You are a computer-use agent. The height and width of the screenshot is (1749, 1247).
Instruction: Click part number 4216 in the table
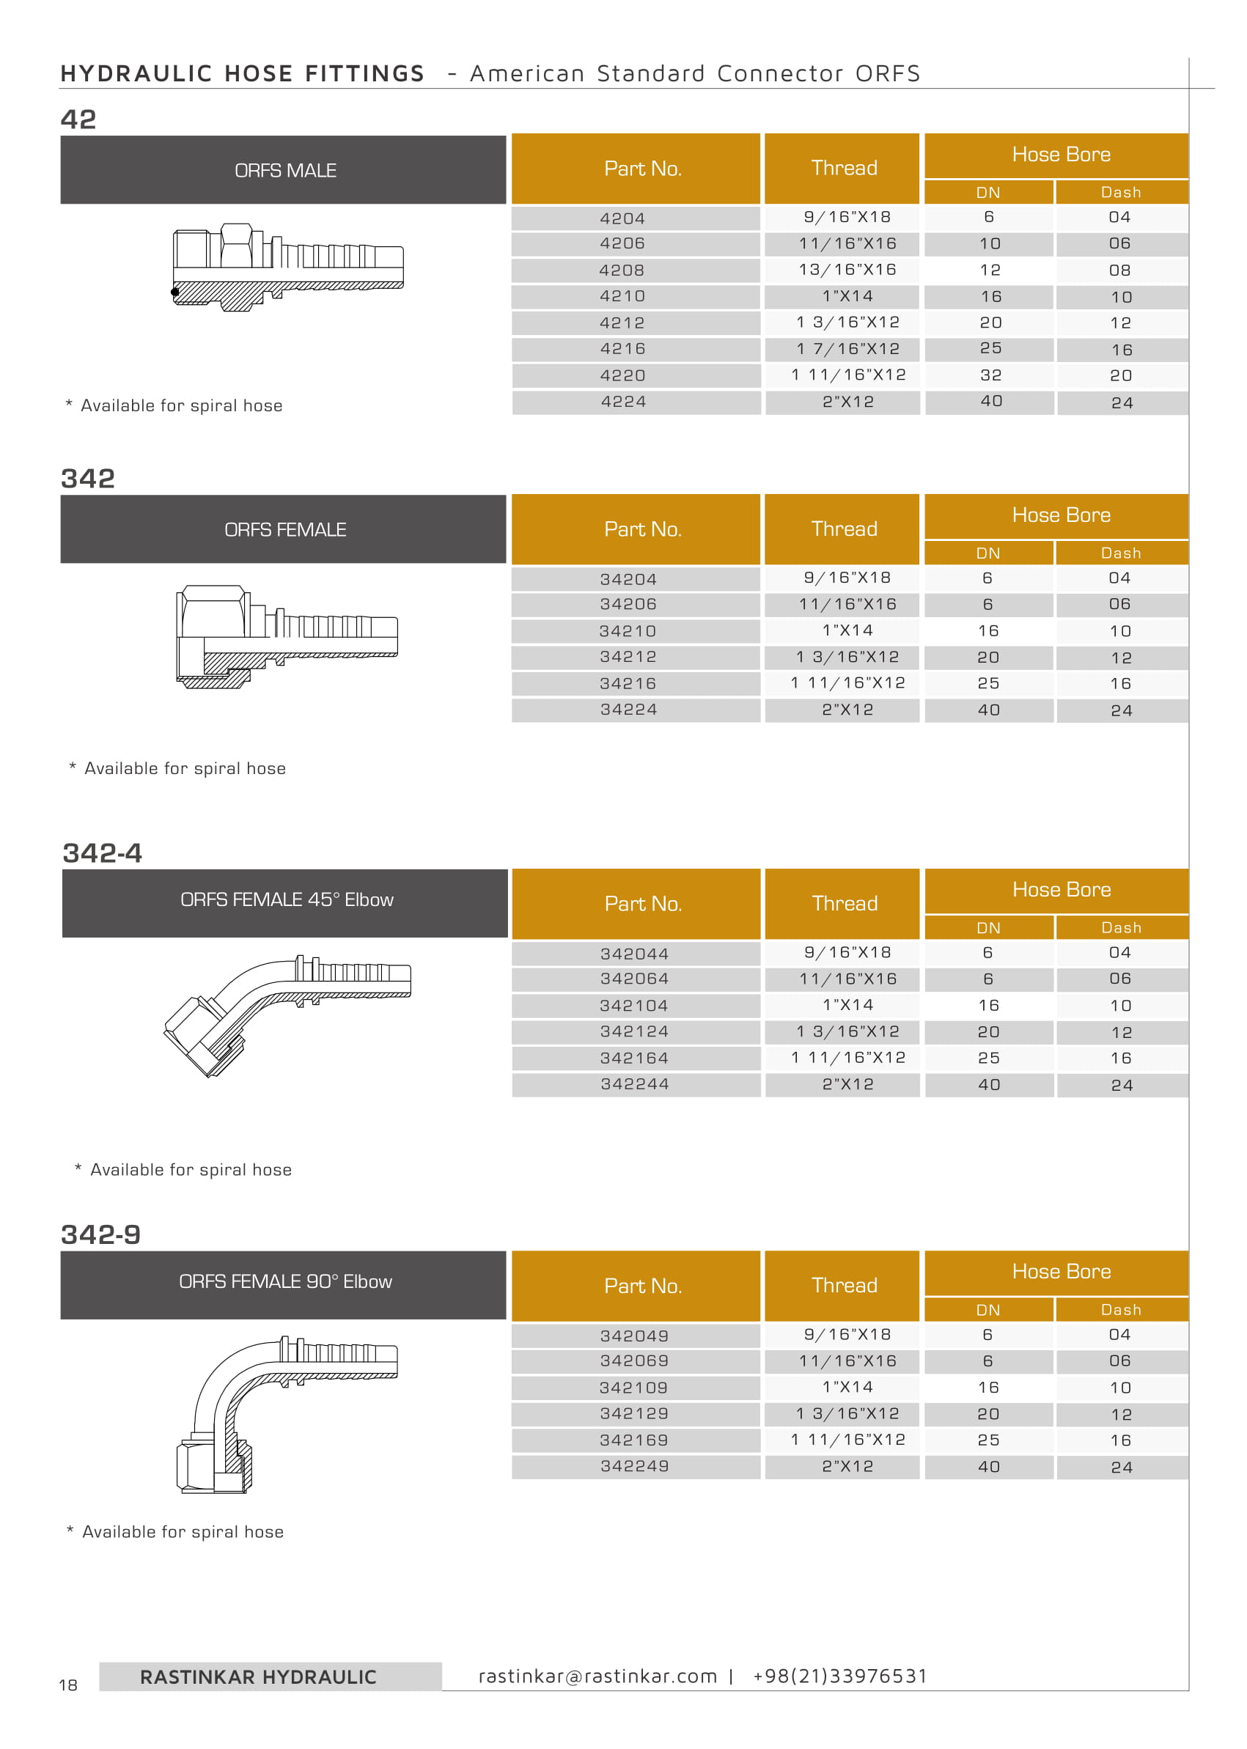pos(622,350)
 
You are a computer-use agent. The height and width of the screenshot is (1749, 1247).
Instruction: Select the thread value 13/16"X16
pos(847,270)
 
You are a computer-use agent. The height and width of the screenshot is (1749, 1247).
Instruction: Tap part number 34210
pos(628,631)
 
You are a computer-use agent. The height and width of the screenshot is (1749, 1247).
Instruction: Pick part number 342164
pos(634,1058)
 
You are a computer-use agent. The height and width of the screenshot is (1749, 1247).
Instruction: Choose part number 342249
pos(634,1467)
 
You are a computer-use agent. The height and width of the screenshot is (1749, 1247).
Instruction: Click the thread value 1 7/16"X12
pos(847,350)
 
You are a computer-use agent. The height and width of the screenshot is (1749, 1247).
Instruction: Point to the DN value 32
pos(990,375)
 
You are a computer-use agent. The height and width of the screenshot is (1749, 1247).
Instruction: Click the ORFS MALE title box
pos(284,171)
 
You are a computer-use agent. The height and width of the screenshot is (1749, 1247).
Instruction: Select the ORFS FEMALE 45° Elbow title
pos(287,900)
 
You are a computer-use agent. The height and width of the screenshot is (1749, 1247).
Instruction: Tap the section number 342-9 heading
pos(100,1234)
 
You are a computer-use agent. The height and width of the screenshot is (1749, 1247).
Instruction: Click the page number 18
pos(68,1685)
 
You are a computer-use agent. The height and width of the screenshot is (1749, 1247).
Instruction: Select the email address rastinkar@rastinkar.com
pos(597,1676)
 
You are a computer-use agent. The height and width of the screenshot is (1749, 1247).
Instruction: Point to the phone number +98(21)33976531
pos(839,1676)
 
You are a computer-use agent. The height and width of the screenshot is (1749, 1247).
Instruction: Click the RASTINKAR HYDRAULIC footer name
pos(258,1678)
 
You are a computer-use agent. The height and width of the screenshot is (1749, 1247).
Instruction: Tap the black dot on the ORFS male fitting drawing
pos(175,292)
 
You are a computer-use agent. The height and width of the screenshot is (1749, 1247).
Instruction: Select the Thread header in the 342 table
pos(844,529)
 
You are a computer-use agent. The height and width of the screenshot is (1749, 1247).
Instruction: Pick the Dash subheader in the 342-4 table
pos(1121,927)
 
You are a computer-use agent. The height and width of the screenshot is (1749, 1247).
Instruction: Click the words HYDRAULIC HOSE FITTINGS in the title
pos(242,74)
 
